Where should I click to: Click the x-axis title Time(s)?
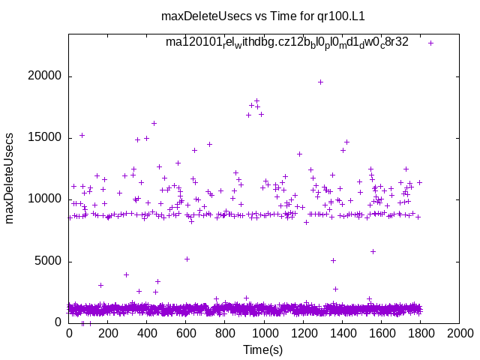[x=262, y=349]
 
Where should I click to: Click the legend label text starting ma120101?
[x=287, y=42]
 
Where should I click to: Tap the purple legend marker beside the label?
[x=430, y=43]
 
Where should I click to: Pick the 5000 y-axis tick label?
[x=49, y=261]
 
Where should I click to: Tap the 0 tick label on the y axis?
[x=58, y=322]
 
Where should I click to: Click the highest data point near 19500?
[x=320, y=82]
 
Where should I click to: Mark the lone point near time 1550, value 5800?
[x=373, y=251]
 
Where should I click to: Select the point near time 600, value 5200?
[x=187, y=259]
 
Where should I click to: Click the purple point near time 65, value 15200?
[x=82, y=135]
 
